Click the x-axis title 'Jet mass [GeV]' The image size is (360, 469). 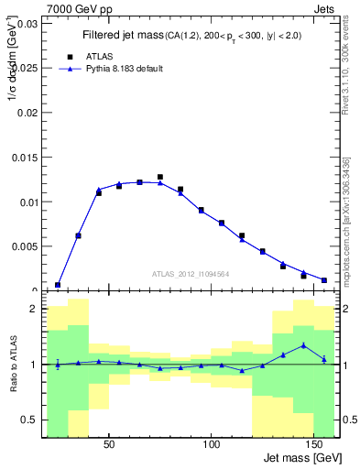pos(301,458)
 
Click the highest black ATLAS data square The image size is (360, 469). pos(160,177)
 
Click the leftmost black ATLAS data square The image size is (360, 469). pos(58,285)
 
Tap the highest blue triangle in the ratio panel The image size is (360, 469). pos(303,345)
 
